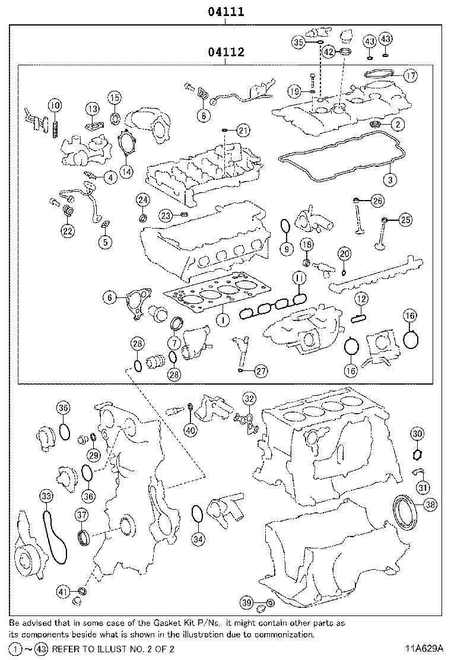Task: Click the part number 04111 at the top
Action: [225, 11]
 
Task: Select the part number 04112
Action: [225, 52]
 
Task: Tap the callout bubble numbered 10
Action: [55, 106]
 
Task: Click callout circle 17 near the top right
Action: [410, 75]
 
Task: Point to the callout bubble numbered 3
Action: [389, 178]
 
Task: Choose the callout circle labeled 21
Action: [243, 130]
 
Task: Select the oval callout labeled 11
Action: [300, 278]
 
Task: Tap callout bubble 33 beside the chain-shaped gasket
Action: [46, 496]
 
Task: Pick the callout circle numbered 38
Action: [430, 504]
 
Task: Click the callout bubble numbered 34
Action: [198, 539]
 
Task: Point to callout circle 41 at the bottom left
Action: [63, 591]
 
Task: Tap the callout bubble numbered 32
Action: [249, 399]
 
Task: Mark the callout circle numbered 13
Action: [91, 108]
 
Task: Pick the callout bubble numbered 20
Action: [345, 254]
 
